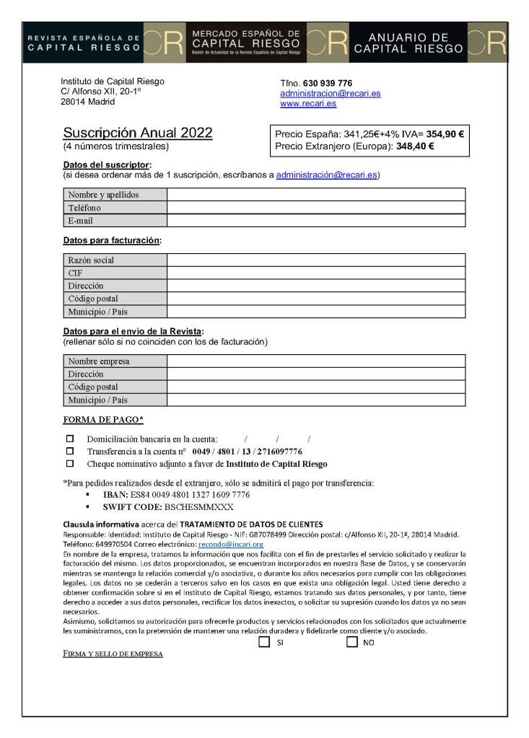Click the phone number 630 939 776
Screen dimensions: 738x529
pos(327,83)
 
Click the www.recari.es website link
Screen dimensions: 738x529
pos(308,104)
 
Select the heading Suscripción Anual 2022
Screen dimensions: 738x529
pos(138,133)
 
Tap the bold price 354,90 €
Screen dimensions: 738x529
pos(445,133)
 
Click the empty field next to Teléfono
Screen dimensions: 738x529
pos(315,208)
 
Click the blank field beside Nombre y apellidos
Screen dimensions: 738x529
pos(315,195)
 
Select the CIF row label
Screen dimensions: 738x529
pos(76,273)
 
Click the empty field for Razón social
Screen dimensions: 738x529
pos(315,260)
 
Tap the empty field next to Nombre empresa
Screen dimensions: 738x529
pos(315,361)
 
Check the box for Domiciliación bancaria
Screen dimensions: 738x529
pos(70,439)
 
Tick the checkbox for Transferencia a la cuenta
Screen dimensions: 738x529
pos(70,451)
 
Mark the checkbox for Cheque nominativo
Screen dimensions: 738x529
pos(70,463)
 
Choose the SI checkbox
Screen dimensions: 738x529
pos(264,641)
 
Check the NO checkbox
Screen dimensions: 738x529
pos(351,641)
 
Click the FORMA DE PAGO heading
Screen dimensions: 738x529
pos(103,420)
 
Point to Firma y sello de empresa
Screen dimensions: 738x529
pos(113,654)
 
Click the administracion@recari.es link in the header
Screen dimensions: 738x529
pos(330,94)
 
